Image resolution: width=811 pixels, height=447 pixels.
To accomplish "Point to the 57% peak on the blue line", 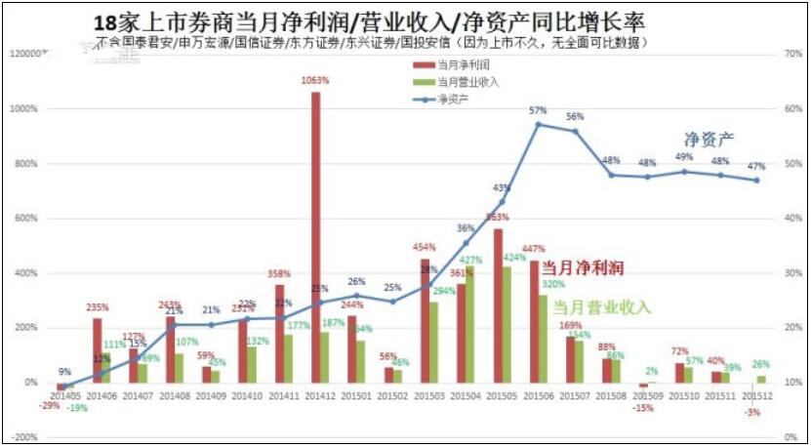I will [x=538, y=124].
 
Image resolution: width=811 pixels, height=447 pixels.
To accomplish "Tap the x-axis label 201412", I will [x=320, y=396].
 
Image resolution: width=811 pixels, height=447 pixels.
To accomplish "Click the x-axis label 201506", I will [x=538, y=396].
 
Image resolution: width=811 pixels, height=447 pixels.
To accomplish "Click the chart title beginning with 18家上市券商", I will [x=372, y=21].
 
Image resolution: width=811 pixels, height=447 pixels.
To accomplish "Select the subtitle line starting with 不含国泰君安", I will [x=371, y=43].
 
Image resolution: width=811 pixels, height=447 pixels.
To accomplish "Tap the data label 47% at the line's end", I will [x=756, y=167].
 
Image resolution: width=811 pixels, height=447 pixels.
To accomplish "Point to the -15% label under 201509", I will [x=642, y=407].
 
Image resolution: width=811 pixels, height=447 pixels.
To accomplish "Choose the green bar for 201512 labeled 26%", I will [x=761, y=379].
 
